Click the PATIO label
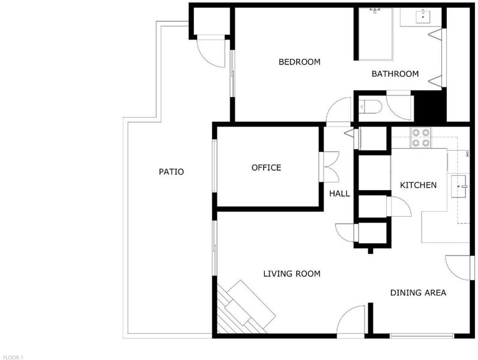point(171,172)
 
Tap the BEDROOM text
point(300,62)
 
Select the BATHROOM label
point(395,74)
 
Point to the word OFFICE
point(266,167)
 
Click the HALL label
point(340,193)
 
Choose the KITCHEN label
point(418,185)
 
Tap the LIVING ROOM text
point(292,274)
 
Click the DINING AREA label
point(418,293)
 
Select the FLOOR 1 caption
point(13,358)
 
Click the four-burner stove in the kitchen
point(421,137)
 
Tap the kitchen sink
point(460,186)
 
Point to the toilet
point(371,107)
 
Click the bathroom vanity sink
point(423,16)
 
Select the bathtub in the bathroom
point(375,34)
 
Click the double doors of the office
point(329,167)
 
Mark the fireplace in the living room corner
point(244,308)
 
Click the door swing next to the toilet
point(400,107)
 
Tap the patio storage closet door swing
point(211,50)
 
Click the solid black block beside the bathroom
point(428,106)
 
